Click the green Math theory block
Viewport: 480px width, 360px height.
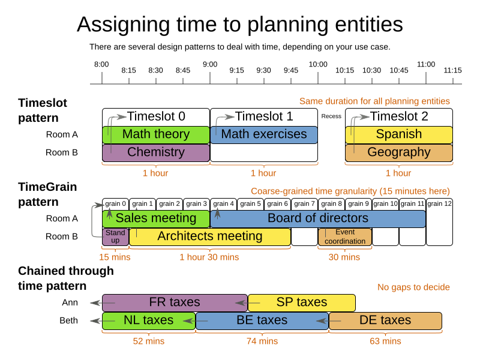pyautogui.click(x=156, y=134)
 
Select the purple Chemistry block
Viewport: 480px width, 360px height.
pyautogui.click(x=156, y=152)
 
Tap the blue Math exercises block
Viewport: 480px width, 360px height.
pyautogui.click(x=264, y=134)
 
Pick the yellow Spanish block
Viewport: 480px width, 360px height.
pyautogui.click(x=399, y=134)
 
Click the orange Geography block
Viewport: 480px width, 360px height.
pyautogui.click(x=399, y=152)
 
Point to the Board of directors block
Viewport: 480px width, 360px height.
pyautogui.click(x=318, y=218)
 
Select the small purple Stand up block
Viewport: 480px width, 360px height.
pyautogui.click(x=115, y=236)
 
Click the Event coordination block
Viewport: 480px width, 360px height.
pyautogui.click(x=345, y=236)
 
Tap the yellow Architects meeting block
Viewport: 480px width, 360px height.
pyautogui.click(x=210, y=236)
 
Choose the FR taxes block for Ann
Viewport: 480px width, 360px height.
pyautogui.click(x=174, y=302)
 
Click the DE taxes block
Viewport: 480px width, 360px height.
pyautogui.click(x=385, y=320)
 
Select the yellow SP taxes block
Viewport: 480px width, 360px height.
pyautogui.click(x=301, y=302)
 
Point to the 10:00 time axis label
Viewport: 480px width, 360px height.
pyautogui.click(x=318, y=64)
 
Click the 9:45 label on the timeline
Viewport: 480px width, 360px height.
pyautogui.click(x=290, y=70)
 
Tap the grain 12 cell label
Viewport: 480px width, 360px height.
pyautogui.click(x=439, y=204)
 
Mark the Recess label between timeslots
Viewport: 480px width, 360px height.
pyautogui.click(x=331, y=116)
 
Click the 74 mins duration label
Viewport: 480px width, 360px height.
pyautogui.click(x=263, y=341)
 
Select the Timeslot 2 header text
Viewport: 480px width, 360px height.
pyautogui.click(x=399, y=116)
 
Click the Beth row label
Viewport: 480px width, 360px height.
pyautogui.click(x=68, y=320)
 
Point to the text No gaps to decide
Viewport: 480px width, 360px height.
pyautogui.click(x=413, y=287)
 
